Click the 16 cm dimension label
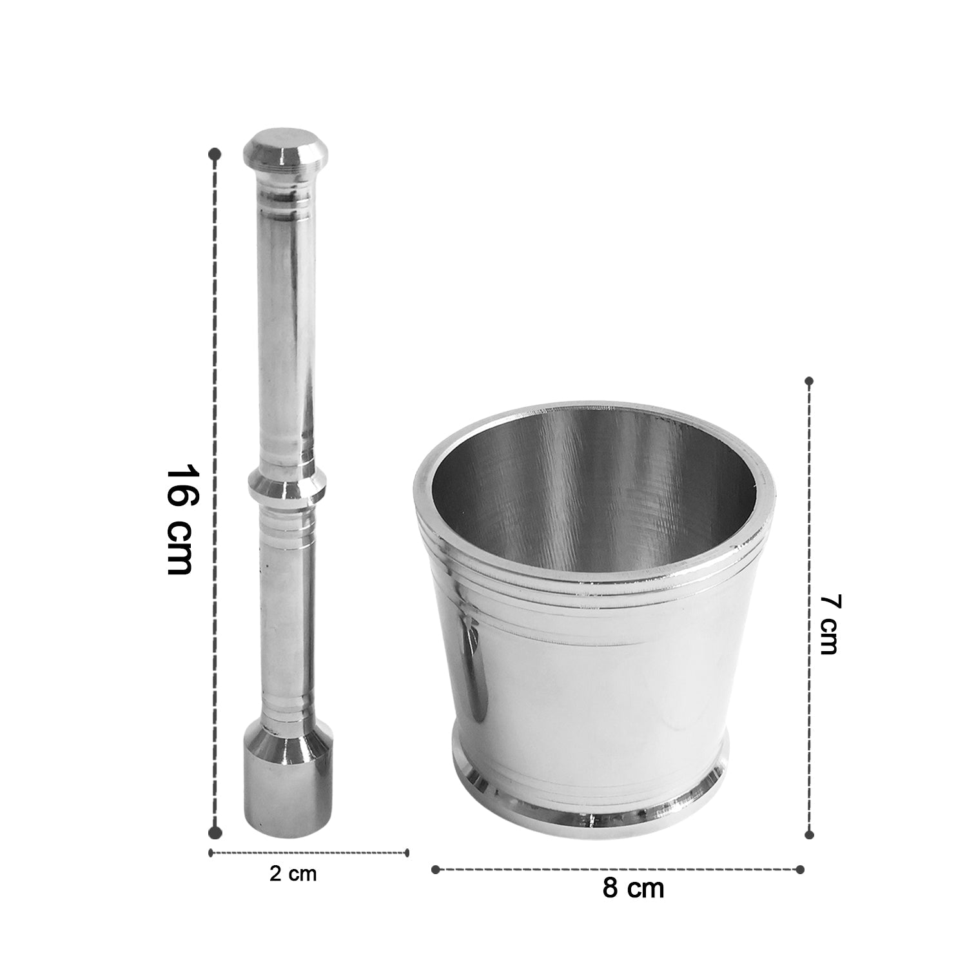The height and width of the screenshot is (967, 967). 180,519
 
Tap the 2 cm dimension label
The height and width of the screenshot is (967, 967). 293,874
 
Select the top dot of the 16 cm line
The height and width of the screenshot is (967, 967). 216,155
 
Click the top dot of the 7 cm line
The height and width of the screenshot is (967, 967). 810,382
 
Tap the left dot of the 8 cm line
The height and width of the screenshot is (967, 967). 435,869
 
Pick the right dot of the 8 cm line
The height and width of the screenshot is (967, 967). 801,869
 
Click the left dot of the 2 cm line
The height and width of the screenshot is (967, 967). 211,853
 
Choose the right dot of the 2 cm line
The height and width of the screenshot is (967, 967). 407,853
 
